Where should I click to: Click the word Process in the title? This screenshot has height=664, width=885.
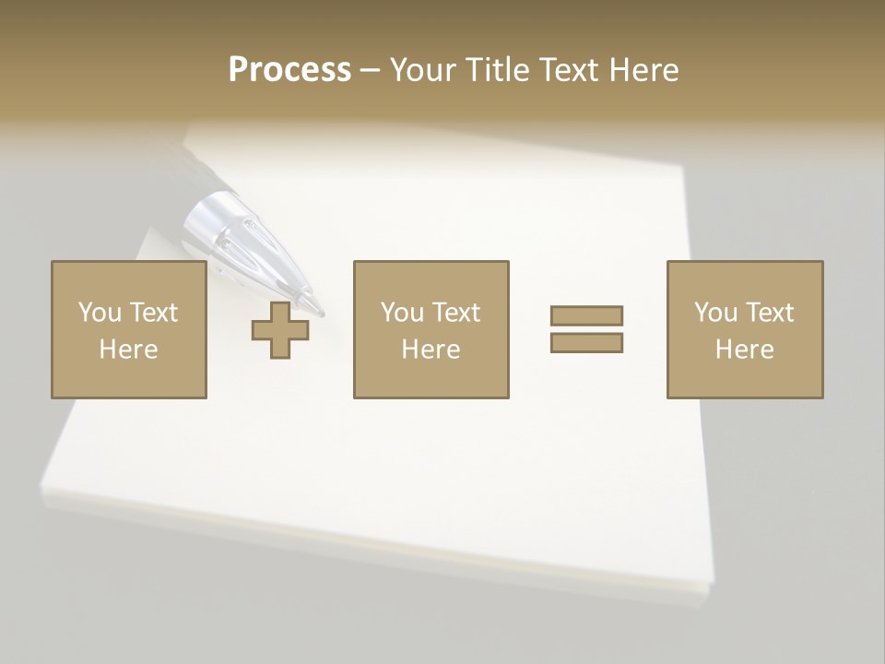[289, 70]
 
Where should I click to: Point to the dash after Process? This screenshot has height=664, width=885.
[371, 71]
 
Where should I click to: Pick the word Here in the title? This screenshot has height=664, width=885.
[643, 70]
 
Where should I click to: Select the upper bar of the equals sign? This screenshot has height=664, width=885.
[586, 315]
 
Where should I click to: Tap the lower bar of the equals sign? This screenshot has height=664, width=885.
[586, 342]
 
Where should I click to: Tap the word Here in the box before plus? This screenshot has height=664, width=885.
[129, 350]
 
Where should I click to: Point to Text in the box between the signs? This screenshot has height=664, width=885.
[455, 313]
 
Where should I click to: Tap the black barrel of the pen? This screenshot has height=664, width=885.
[189, 166]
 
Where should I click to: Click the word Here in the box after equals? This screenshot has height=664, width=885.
[745, 350]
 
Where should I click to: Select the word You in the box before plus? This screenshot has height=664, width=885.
[100, 313]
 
